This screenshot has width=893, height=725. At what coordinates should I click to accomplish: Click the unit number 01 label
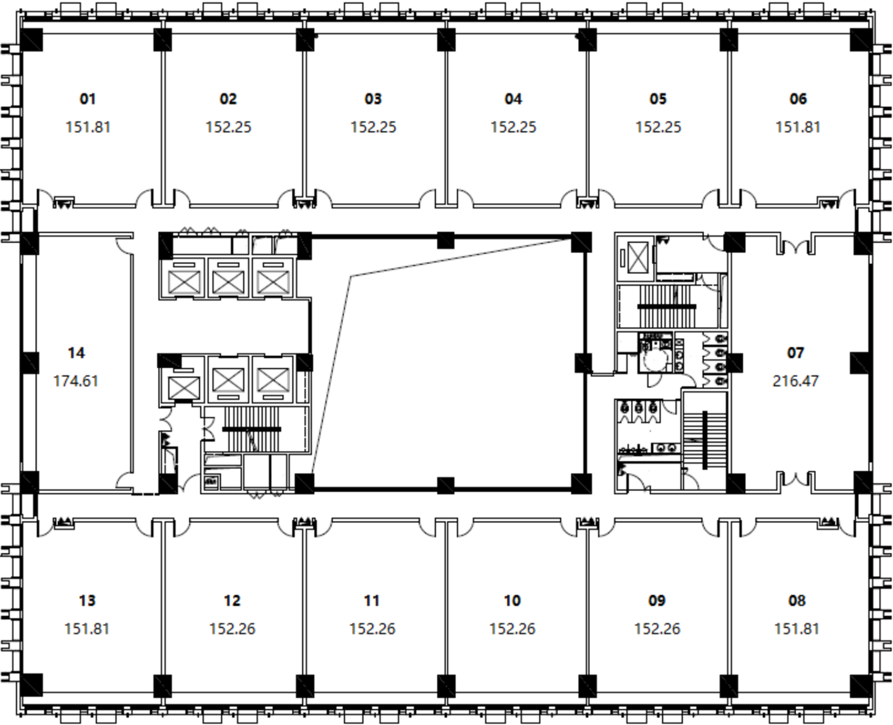click(87, 99)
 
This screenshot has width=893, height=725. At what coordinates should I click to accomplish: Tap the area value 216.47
click(795, 381)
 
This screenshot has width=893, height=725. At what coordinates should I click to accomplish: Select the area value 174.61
click(76, 381)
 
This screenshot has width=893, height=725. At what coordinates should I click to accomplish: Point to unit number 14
click(76, 353)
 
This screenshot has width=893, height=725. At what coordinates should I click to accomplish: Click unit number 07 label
click(795, 353)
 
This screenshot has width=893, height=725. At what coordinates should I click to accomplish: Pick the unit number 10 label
click(512, 601)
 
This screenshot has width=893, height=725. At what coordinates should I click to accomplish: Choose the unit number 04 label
click(513, 99)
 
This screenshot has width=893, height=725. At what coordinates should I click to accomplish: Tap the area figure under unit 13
click(87, 629)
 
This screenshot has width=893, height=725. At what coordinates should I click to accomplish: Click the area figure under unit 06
click(798, 127)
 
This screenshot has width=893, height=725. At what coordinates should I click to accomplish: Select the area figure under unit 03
click(373, 127)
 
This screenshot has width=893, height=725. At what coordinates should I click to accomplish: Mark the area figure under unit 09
click(657, 629)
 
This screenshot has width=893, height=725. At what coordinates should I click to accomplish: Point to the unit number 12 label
click(232, 601)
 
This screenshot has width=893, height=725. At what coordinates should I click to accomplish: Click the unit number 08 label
click(797, 601)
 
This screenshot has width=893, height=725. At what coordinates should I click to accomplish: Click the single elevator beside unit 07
click(638, 258)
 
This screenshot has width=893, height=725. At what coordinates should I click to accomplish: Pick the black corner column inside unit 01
click(32, 40)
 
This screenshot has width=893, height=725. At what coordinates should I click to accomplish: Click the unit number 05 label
click(658, 99)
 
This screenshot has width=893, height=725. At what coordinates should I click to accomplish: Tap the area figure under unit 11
click(372, 629)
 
